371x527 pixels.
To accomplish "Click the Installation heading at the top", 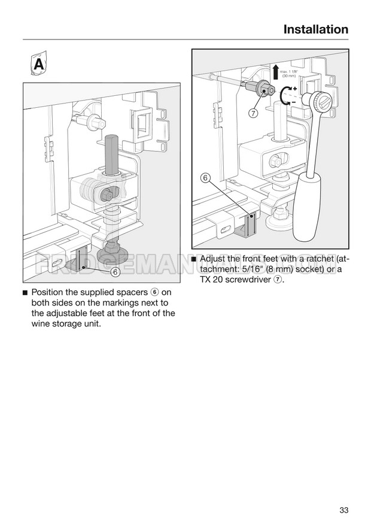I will tap(315, 29).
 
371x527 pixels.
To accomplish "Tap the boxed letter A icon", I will tap(38, 64).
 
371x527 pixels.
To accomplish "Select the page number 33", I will tap(343, 510).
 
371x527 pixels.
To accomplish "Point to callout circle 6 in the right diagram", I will tap(205, 178).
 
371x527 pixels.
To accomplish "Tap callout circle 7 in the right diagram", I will tap(253, 114).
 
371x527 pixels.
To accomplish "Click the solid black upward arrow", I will tap(275, 72).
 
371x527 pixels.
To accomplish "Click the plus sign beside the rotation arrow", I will tap(295, 89).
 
